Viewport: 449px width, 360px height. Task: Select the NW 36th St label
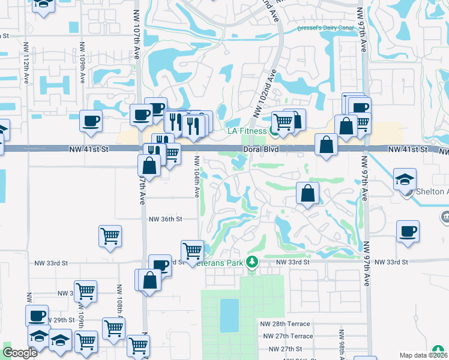(165, 220)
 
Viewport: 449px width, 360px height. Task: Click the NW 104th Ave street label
(196, 176)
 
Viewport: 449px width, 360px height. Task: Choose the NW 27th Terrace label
(286, 336)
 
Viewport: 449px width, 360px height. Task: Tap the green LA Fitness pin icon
(274, 129)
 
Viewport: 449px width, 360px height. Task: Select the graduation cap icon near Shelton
(405, 179)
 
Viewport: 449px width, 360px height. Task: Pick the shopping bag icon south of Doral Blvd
(307, 193)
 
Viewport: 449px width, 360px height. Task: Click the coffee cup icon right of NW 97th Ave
(408, 231)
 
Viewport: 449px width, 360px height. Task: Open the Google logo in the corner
(20, 353)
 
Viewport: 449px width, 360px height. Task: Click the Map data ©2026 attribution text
(423, 355)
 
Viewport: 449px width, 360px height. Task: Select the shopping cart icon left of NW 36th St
(110, 236)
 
